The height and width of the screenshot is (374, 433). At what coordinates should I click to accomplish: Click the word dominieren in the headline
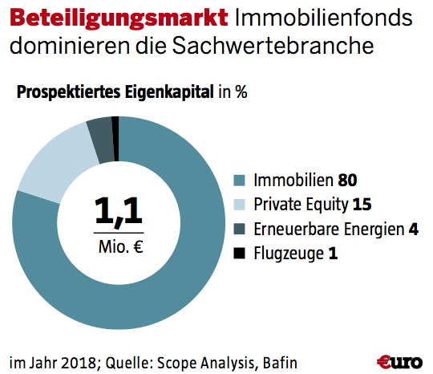click(x=75, y=47)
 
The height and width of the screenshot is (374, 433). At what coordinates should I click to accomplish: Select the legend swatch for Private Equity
click(x=239, y=203)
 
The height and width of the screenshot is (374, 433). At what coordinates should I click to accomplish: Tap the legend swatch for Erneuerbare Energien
click(x=239, y=229)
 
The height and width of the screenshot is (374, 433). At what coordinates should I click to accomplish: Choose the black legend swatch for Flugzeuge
click(x=239, y=254)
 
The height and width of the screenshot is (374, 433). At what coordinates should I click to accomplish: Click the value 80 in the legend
click(x=347, y=178)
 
